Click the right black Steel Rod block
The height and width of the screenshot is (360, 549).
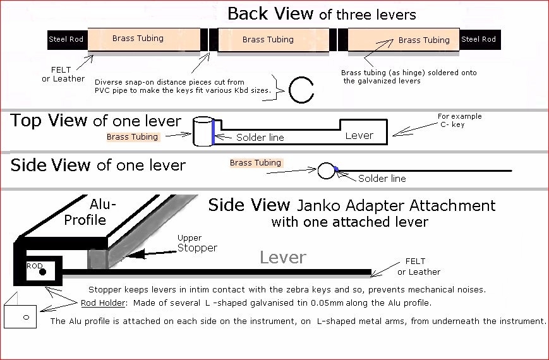pos(478,39)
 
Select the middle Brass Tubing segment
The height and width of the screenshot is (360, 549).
pos(268,40)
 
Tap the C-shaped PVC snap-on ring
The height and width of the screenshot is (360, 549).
pos(301,89)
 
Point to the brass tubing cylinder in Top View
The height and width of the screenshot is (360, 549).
pos(202,131)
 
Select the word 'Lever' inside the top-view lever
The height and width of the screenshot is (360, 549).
pos(359,135)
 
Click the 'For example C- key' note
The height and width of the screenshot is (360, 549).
pos(459,120)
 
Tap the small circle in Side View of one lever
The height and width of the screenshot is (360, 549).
pos(326,170)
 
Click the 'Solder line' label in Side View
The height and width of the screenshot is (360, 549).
pos(382,179)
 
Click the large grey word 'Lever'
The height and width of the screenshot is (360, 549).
pos(283,257)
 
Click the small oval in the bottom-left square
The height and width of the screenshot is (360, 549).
pos(25,316)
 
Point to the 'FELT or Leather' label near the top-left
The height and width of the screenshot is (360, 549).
pos(63,74)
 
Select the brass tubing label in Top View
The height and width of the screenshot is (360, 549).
pos(133,136)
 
